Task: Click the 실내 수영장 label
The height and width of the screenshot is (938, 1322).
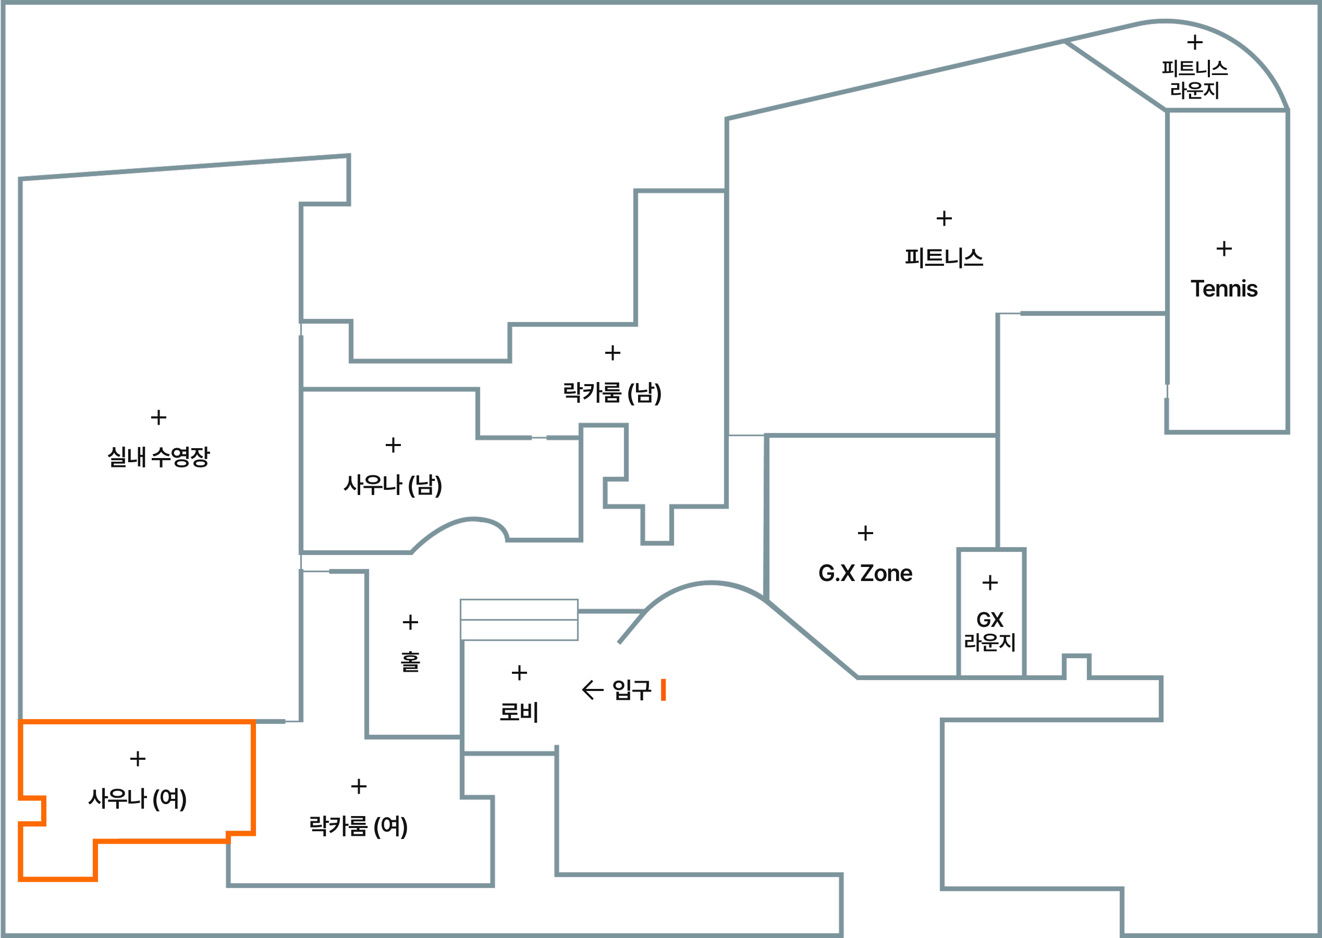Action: pyautogui.click(x=158, y=457)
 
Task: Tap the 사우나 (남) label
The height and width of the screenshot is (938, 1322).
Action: pyautogui.click(x=393, y=485)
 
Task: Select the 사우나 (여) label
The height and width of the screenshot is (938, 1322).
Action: pyautogui.click(x=138, y=798)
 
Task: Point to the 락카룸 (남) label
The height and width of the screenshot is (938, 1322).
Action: pyautogui.click(x=612, y=393)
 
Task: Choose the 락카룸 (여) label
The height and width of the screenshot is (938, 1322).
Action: pyautogui.click(x=358, y=826)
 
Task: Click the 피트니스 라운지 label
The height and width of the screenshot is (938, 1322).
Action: pyautogui.click(x=1194, y=79)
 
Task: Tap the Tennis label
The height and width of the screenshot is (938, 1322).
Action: pyautogui.click(x=1224, y=288)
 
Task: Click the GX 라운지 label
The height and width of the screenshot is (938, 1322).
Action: pyautogui.click(x=990, y=631)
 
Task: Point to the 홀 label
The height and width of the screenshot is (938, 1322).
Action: pyautogui.click(x=410, y=661)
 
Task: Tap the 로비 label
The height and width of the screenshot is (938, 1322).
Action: pyautogui.click(x=519, y=712)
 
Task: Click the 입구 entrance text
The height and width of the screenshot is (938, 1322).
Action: pyautogui.click(x=631, y=689)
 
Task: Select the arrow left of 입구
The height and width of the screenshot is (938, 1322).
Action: pyautogui.click(x=592, y=689)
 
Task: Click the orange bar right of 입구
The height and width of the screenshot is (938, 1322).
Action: pyautogui.click(x=663, y=689)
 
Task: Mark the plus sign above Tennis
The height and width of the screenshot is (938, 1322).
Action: pyautogui.click(x=1224, y=249)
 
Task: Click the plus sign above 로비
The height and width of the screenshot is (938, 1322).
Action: pyautogui.click(x=519, y=673)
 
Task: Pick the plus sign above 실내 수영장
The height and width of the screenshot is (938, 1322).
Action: pyautogui.click(x=158, y=417)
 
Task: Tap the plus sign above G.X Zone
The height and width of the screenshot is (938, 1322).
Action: pyautogui.click(x=865, y=533)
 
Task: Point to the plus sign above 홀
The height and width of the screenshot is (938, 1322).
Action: pyautogui.click(x=410, y=622)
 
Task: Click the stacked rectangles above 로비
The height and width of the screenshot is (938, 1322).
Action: pyautogui.click(x=519, y=620)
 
